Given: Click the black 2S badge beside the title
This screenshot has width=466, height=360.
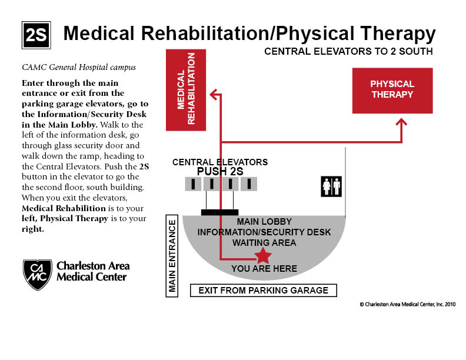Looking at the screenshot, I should (x=36, y=35).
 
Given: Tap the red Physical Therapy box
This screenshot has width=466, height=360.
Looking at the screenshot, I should (x=392, y=90).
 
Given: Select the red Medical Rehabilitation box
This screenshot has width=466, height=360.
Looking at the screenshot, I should (x=187, y=89).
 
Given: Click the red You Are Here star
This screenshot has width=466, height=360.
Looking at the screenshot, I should (x=262, y=256).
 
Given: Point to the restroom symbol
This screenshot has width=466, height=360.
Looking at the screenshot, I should (x=331, y=186).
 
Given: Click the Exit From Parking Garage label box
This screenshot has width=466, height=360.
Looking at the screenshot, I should (x=263, y=291).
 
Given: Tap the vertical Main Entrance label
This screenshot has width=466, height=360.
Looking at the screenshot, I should (x=172, y=256).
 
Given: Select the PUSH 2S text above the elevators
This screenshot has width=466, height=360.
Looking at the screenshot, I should (x=219, y=171).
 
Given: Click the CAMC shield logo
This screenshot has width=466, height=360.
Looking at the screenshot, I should (x=37, y=274).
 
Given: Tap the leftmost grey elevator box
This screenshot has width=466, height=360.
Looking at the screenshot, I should (x=192, y=184).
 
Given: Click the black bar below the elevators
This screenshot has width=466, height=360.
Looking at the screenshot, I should (x=219, y=212).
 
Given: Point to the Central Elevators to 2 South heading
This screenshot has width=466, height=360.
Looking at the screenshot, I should (x=348, y=51).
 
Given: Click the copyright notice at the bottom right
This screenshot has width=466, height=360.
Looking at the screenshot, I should (x=407, y=305).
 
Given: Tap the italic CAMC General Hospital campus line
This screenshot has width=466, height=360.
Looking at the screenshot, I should (x=78, y=67).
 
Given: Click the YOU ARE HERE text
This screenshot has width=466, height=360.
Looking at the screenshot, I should (x=264, y=269).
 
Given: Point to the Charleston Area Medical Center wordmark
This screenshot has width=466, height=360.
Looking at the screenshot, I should (x=93, y=271).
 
